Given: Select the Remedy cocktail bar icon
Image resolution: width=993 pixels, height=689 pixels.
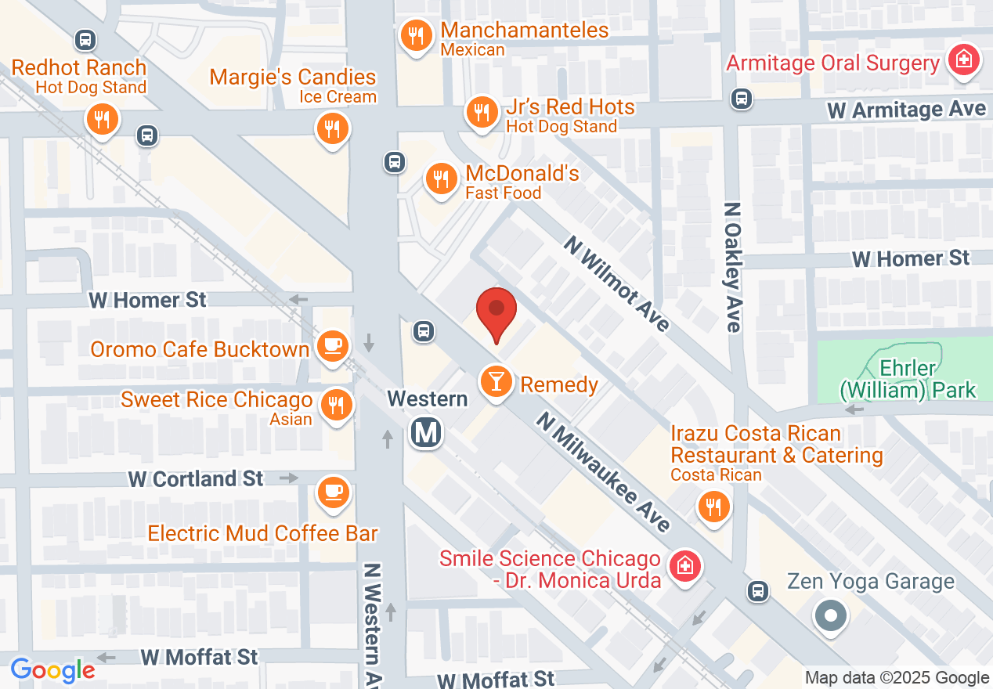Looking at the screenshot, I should (x=496, y=382).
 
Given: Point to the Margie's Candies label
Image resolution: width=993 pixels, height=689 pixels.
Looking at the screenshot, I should (x=293, y=78).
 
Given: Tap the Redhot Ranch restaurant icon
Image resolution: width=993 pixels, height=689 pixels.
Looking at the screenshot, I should (x=102, y=120).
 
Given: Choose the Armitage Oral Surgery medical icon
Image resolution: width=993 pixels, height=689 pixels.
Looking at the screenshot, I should (x=962, y=60).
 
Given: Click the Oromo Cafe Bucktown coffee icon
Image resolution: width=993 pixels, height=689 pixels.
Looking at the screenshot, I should (x=332, y=344).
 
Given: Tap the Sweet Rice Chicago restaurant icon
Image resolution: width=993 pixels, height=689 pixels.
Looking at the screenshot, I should (x=337, y=404).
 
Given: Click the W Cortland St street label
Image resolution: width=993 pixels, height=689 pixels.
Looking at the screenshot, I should (x=196, y=478).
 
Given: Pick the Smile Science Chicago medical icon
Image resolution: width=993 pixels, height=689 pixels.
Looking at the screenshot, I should (x=684, y=565).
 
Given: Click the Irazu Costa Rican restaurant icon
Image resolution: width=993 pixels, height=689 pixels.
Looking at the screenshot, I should (x=713, y=507).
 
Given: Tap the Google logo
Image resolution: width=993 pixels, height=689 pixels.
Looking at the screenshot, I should (x=53, y=669).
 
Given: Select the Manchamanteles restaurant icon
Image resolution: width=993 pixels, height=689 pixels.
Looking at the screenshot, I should (x=415, y=35).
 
